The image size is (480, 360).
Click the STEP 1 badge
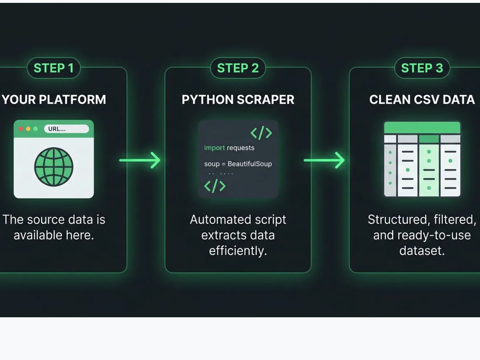54,68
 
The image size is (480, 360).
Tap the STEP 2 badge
238,68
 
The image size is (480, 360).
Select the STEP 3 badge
422,68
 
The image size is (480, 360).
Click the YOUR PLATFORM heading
54,99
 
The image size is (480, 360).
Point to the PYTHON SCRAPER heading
238,99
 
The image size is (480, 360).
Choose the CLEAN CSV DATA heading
422,99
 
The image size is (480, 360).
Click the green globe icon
54,167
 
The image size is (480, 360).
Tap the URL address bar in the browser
66,129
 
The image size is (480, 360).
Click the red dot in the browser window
21,129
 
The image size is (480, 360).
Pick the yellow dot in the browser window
28,129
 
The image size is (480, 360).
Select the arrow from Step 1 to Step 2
140,160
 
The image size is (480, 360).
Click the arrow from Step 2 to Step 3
324,160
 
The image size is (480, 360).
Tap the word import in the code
214,148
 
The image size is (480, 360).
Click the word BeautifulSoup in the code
250,164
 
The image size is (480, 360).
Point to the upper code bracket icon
261,133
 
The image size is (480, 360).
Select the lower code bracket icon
215,186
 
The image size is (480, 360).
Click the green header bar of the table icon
422,127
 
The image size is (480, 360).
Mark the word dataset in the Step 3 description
422,251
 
